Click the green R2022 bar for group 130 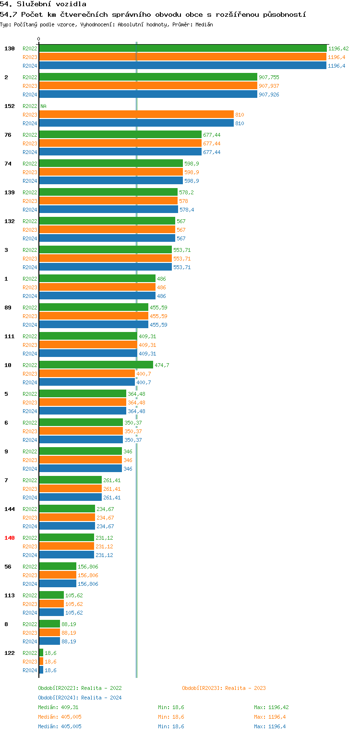[182, 48]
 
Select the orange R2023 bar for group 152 [136, 115]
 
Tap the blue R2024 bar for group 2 [148, 95]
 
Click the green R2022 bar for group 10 [96, 365]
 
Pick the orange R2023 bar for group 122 [41, 662]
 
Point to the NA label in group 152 [43, 106]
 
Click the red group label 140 [10, 538]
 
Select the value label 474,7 [162, 365]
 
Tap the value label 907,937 [269, 86]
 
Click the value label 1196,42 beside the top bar [338, 48]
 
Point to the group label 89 [8, 308]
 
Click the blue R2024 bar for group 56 [58, 584]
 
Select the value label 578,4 [187, 210]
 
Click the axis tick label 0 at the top [39, 39]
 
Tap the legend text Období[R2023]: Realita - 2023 [224, 688]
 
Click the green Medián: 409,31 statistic [58, 707]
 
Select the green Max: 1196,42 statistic [271, 707]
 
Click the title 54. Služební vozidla [44, 4]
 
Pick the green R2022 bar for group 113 [51, 595]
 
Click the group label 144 [10, 509]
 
